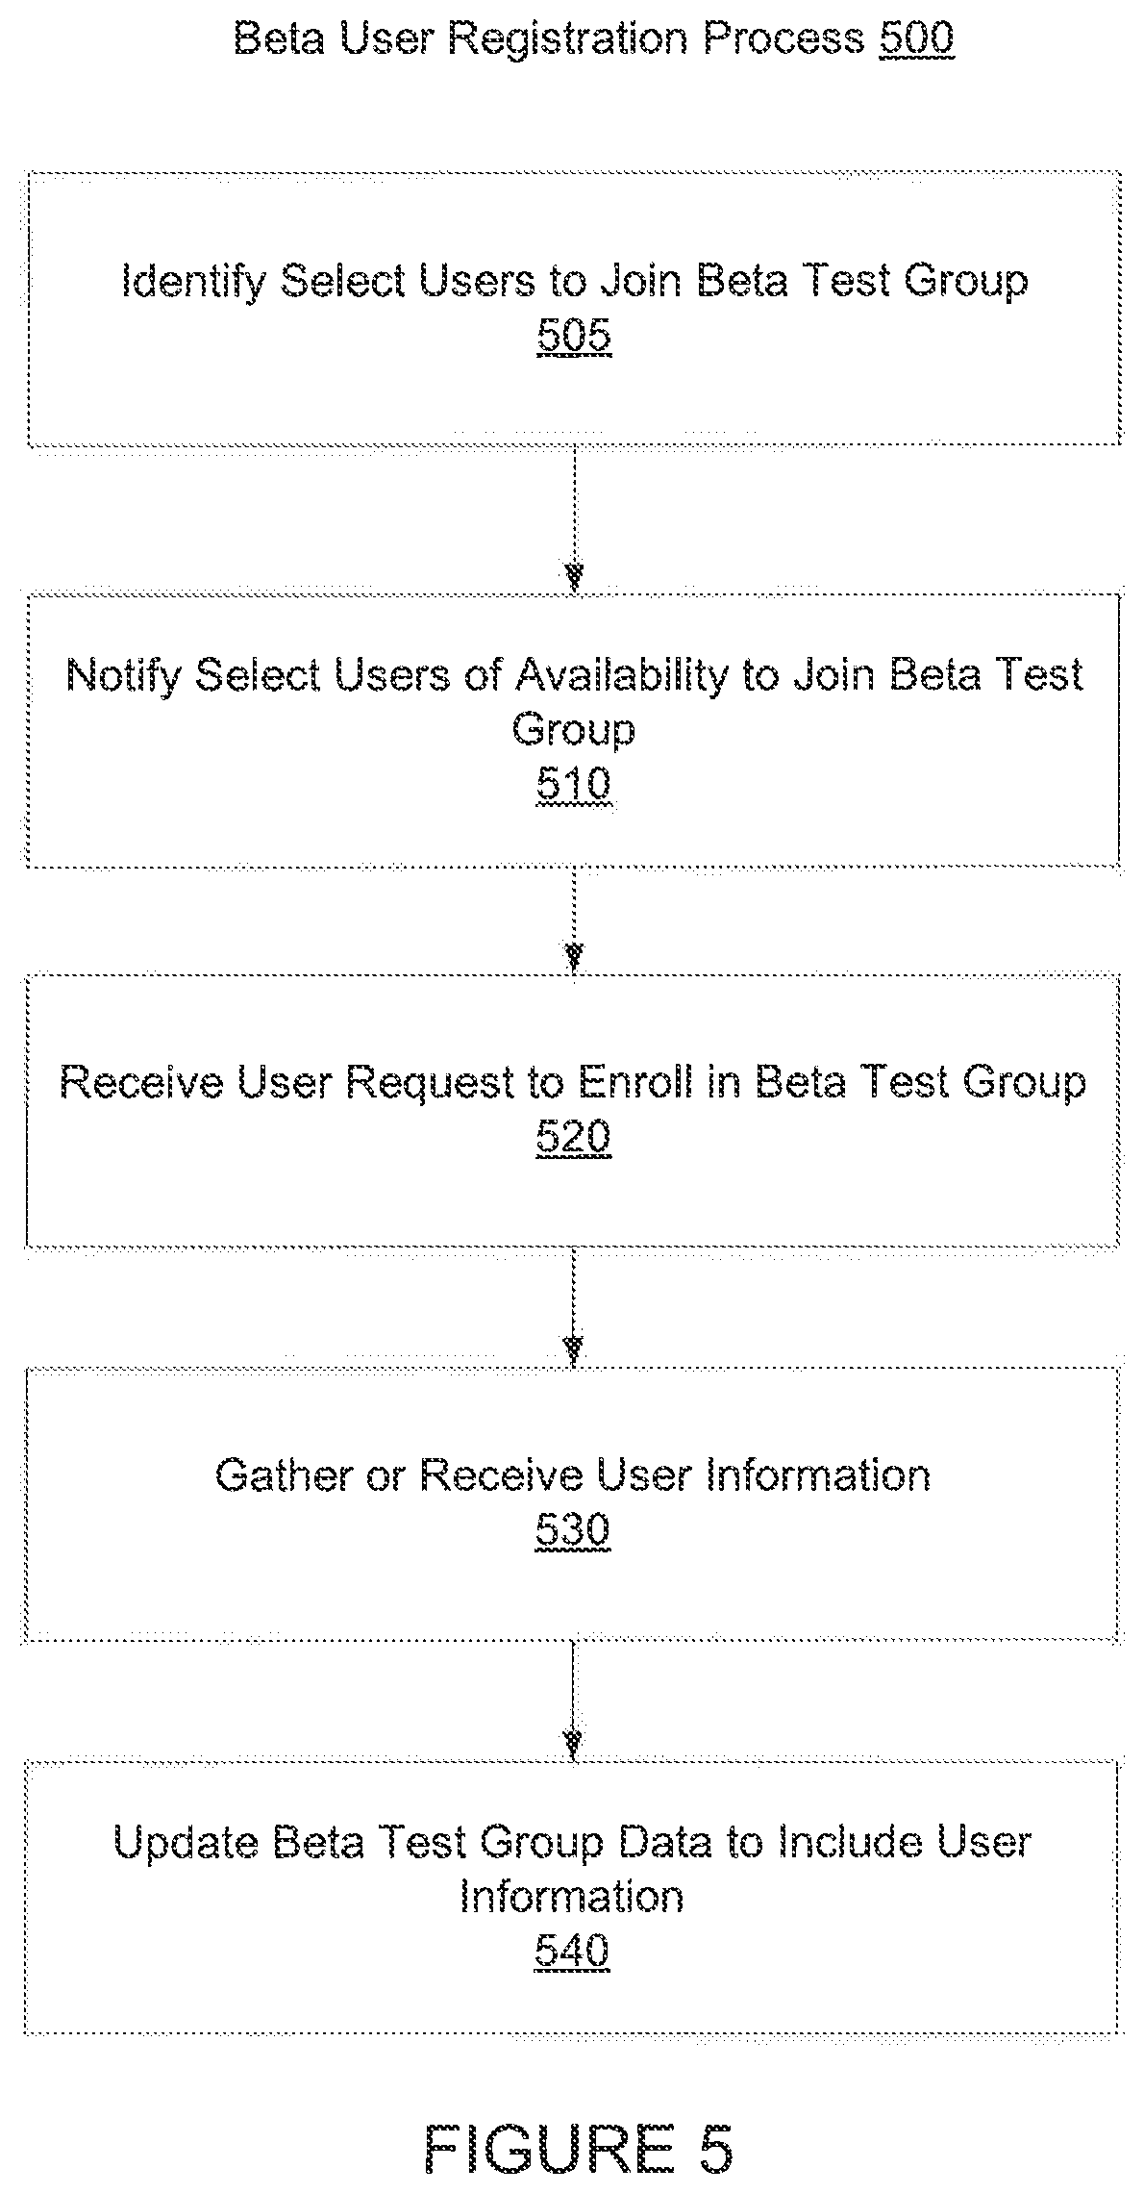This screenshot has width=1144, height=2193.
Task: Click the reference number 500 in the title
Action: click(916, 38)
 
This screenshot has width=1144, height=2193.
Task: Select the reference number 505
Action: click(574, 337)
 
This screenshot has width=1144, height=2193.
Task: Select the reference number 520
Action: click(574, 1139)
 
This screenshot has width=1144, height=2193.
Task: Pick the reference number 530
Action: click(573, 1530)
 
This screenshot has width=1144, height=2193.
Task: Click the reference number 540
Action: click(573, 1953)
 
